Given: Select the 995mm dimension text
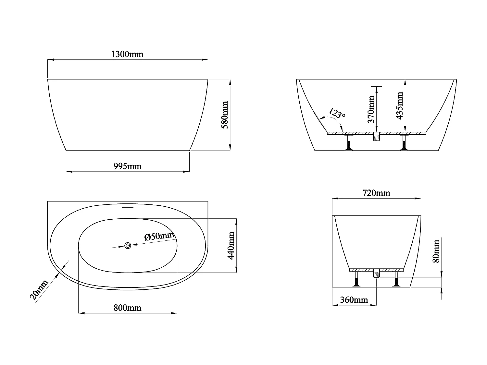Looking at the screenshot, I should point(127,166).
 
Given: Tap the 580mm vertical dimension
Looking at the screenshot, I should point(225,115).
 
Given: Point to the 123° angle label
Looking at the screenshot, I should point(336,113).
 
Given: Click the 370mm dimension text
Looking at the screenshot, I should point(371,109).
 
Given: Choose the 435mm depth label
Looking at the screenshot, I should point(399,105).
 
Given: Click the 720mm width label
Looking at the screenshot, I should point(376,193).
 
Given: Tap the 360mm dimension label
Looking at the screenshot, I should point(354,300).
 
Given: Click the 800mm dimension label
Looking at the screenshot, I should point(127,308).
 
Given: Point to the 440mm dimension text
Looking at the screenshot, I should point(231,245).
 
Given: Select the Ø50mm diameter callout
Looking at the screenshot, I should point(159,236).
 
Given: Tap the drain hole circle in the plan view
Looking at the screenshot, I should point(128,246).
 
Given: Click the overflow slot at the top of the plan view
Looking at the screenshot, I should point(128,207).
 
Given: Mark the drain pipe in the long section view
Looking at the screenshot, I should point(376,137).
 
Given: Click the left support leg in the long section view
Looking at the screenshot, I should point(349,143).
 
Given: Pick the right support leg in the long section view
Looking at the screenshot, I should point(404,143).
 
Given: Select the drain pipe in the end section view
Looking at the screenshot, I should point(376,273).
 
